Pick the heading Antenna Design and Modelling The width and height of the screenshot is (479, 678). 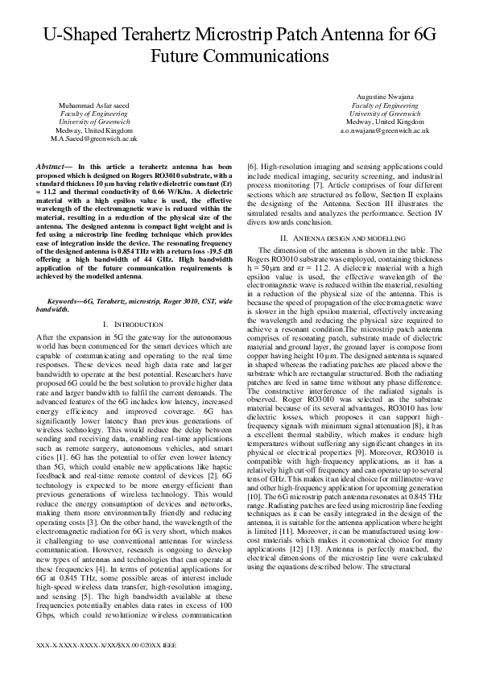click(343, 217)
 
